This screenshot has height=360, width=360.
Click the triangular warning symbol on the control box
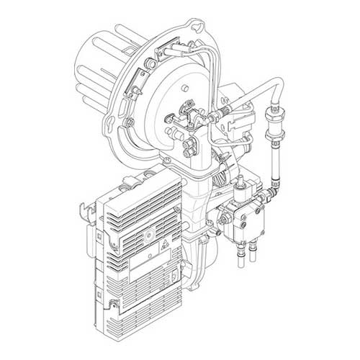(x=159, y=244)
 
